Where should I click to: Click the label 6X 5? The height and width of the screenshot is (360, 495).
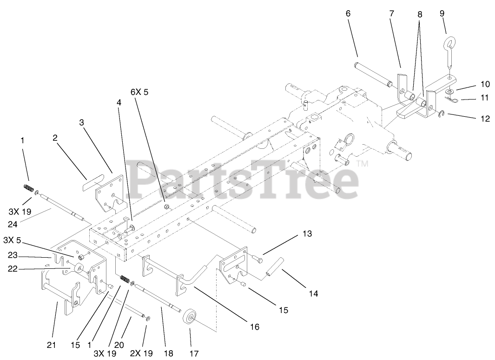[x=139, y=93]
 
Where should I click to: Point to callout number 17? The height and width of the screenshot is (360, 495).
[x=194, y=354]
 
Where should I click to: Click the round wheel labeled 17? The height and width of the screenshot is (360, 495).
[x=189, y=320]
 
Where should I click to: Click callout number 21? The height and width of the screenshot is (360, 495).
[x=52, y=345]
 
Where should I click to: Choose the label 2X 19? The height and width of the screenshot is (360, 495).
[x=142, y=353]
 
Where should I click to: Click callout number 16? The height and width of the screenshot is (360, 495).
[x=254, y=327]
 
